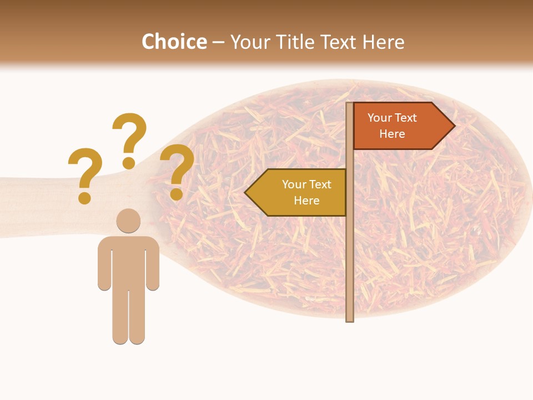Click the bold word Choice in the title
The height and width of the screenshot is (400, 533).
click(174, 42)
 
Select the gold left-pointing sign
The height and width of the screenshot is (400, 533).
click(300, 192)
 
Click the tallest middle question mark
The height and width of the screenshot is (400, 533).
click(129, 133)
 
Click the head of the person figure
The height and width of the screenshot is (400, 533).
click(128, 221)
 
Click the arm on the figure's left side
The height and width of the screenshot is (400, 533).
click(104, 267)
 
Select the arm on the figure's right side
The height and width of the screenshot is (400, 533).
click(153, 267)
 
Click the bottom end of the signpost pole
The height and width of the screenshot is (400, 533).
click(350, 318)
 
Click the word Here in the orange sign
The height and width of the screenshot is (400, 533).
click(392, 134)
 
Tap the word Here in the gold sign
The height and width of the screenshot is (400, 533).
click(306, 201)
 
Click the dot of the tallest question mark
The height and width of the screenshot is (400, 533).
click(129, 163)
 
